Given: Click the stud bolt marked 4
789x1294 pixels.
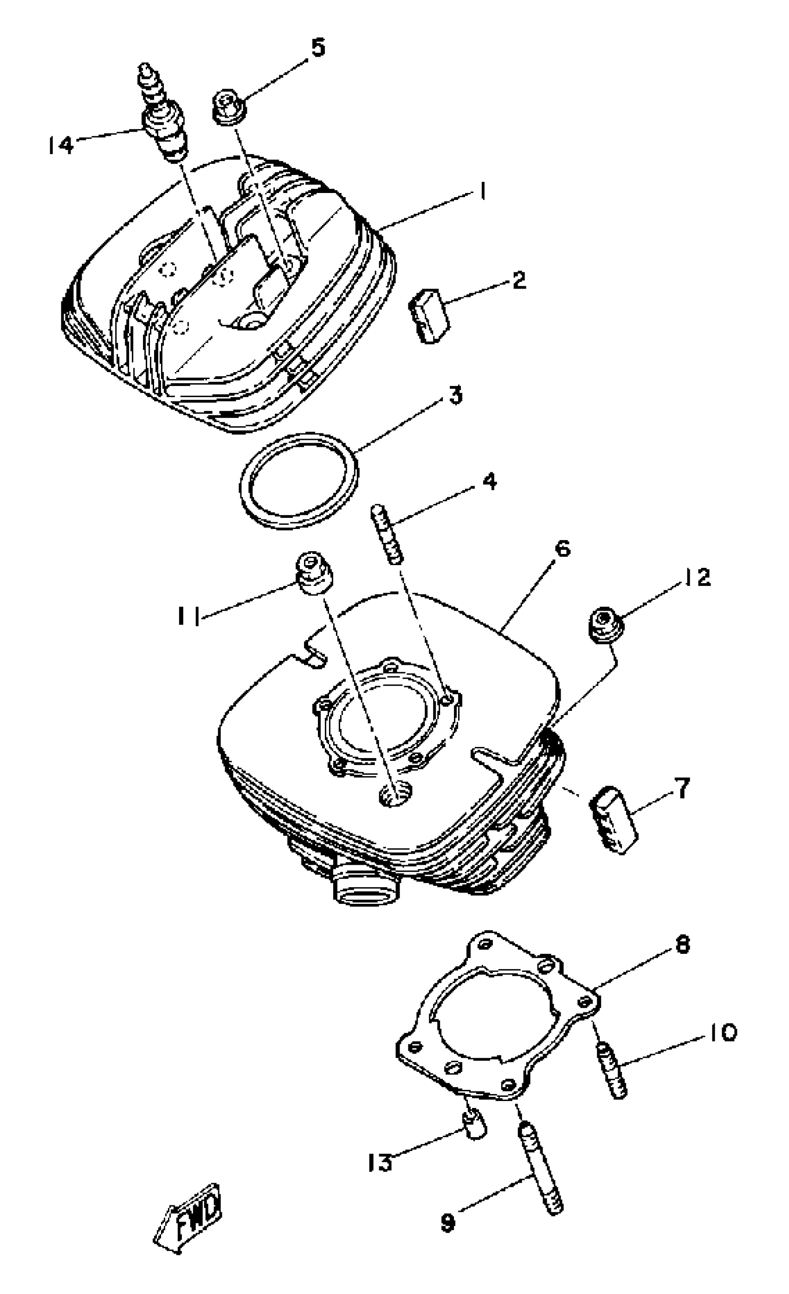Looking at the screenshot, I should pos(388,534).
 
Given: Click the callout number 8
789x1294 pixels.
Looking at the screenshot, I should pos(681,945).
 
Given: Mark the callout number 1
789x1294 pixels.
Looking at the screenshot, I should pos(481,192).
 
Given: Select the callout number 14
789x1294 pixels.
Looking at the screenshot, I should pos(61,145).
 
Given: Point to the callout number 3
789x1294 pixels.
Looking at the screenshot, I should pos(455,395).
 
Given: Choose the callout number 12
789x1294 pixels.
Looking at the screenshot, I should pos(697,577).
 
